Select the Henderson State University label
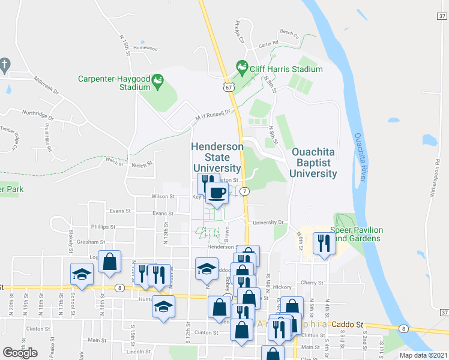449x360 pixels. tap(217, 157)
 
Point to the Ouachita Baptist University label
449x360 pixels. tap(313, 163)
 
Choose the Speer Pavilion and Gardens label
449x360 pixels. tap(357, 233)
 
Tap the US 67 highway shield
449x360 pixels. tap(228, 87)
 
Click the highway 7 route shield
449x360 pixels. tap(244, 191)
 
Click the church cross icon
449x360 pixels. tap(4, 64)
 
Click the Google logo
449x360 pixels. tap(20, 352)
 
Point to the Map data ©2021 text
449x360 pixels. tap(423, 355)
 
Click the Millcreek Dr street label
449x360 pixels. tap(46, 86)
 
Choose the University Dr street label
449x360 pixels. tap(268, 222)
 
